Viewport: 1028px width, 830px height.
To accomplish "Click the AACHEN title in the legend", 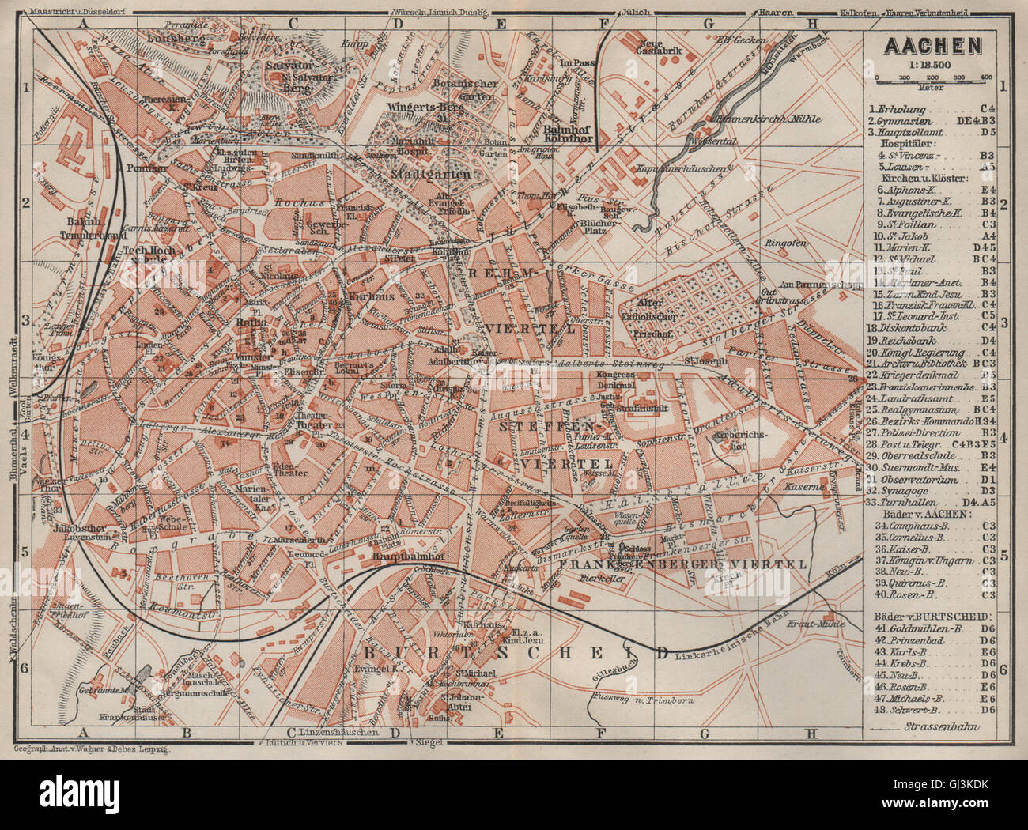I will point(932,46).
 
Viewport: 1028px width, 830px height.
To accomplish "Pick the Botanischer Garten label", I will point(466,89).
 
